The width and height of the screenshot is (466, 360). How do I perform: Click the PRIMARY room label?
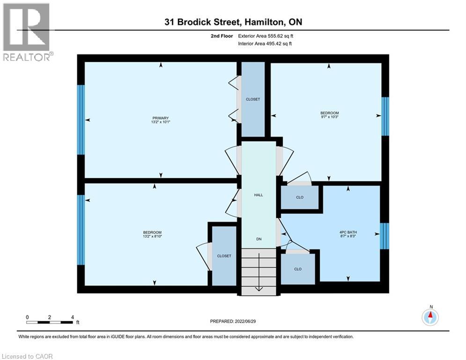160,118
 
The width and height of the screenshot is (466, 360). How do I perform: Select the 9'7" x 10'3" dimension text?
329,117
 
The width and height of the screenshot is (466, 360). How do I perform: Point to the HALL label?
258,195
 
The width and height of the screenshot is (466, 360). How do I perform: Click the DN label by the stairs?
258,239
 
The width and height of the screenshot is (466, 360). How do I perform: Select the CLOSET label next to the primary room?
253,99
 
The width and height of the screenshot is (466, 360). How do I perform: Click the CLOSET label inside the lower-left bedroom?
224,256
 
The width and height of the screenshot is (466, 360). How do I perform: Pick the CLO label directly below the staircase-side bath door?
297,269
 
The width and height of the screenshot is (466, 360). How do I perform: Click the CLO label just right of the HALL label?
300,197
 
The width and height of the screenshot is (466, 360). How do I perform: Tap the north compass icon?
430,317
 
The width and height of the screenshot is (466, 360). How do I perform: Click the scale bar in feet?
50,322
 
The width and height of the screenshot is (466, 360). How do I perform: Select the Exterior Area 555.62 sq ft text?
266,36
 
